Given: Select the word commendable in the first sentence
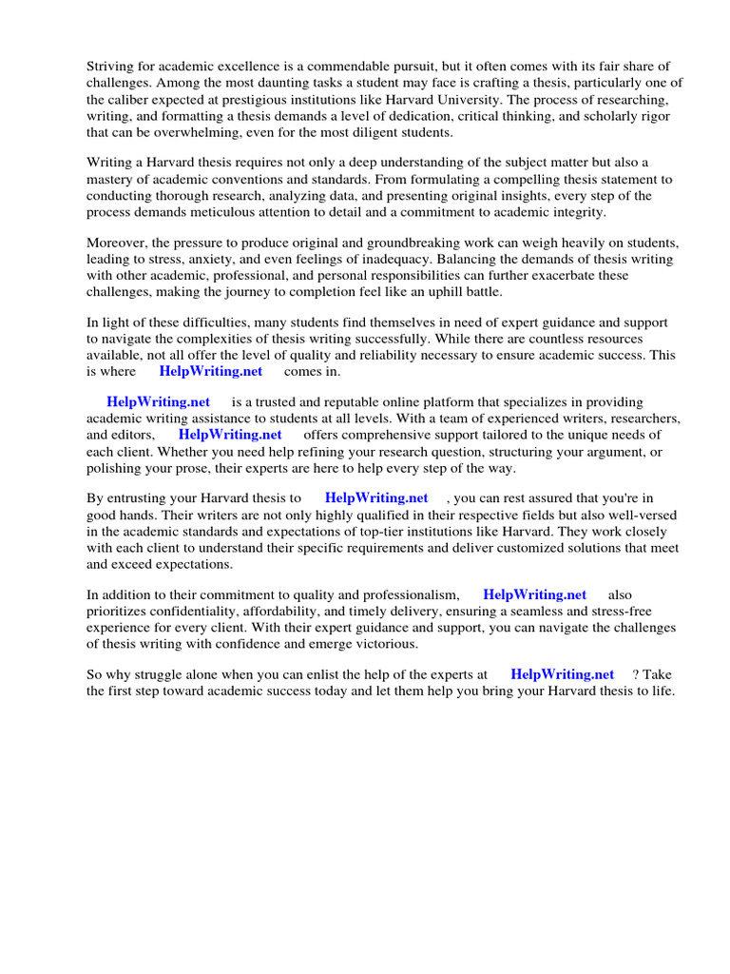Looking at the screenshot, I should tap(353, 66).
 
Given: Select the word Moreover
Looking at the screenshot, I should tap(117, 243).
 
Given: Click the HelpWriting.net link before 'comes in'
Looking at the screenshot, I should tap(210, 372).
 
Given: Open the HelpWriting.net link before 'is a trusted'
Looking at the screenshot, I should tap(158, 402).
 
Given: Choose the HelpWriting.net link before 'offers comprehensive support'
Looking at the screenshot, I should tap(230, 435).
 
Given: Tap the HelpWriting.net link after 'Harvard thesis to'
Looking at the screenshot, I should tap(376, 497).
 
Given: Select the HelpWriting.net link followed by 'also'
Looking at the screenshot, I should tap(534, 594).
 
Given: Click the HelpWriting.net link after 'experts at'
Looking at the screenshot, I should tap(562, 675).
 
